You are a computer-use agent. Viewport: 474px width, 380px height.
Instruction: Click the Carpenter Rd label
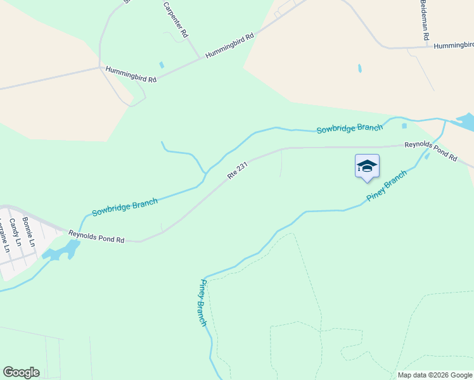tap(176, 19)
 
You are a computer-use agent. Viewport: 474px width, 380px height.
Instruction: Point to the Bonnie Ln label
tap(28, 232)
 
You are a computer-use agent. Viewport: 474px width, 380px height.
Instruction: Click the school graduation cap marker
tap(367, 167)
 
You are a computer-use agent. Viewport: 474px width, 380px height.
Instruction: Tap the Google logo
tap(21, 372)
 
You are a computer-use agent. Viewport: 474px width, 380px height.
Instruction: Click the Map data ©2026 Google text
tap(435, 375)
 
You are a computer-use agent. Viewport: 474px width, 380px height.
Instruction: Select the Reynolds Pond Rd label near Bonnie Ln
tap(96, 237)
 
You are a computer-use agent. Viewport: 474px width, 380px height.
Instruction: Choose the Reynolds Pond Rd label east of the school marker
tap(431, 150)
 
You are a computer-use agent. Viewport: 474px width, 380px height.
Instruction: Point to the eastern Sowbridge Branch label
tap(350, 129)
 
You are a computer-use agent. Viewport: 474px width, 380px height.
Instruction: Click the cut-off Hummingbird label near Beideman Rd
tap(454, 46)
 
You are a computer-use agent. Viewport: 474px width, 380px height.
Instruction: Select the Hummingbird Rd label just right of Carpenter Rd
tap(229, 46)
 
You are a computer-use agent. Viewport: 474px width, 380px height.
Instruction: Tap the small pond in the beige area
tap(360, 68)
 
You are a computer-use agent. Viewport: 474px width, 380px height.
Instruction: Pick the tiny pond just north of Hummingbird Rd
tap(162, 65)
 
